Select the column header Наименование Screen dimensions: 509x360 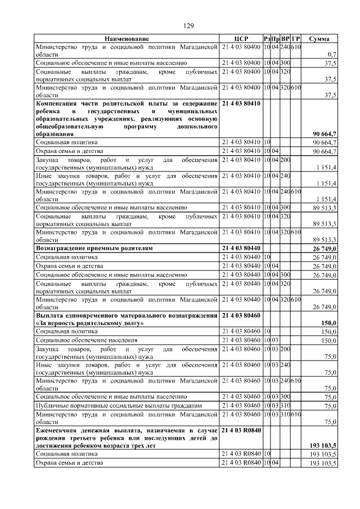[127, 39]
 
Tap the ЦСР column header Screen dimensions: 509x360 [241, 39]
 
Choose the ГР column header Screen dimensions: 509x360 [296, 39]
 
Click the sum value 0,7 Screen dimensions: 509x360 [331, 55]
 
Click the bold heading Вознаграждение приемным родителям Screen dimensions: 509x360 [94, 247]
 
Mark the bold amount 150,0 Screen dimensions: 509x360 [328, 324]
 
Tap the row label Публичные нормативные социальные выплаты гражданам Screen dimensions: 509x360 [116, 405]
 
